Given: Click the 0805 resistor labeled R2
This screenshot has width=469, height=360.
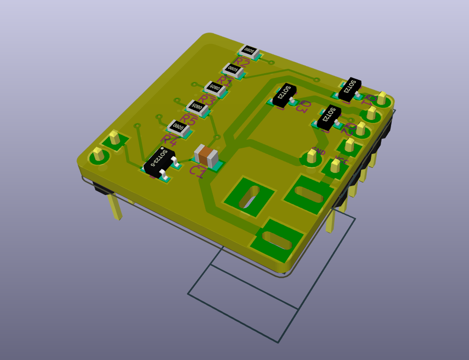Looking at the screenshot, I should coord(249,50).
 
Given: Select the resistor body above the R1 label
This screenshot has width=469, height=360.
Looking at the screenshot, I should coord(233,70).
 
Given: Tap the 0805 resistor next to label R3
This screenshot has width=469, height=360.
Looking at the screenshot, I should coord(215,88).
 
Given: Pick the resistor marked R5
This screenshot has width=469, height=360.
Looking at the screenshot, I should coord(197,107).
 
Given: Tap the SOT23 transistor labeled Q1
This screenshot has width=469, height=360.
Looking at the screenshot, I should coord(350,88).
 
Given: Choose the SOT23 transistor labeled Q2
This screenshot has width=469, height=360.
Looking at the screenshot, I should coord(329,116).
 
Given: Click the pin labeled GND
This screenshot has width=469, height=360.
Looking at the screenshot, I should coord(311,155).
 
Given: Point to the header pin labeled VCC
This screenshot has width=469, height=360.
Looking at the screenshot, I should coord(336,165).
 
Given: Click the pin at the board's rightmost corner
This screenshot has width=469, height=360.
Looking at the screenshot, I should coord(382,98).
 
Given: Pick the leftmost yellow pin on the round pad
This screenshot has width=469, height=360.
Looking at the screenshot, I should coord(98,154).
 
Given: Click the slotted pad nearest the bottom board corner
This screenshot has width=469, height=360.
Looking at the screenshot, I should coord(277,240).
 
